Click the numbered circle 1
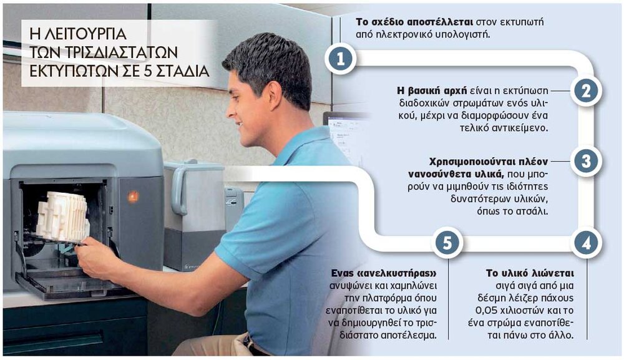coord(340,59)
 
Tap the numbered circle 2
coord(586,91)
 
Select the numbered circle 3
coord(586,161)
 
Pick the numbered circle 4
coord(586,243)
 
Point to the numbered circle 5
coord(447,243)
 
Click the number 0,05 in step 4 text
coord(487,310)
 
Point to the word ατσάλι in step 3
coord(532,212)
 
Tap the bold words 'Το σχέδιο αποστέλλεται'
coord(414,22)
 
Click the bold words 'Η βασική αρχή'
coord(431,90)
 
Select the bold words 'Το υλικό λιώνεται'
coord(530,273)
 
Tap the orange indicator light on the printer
coord(133,196)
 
